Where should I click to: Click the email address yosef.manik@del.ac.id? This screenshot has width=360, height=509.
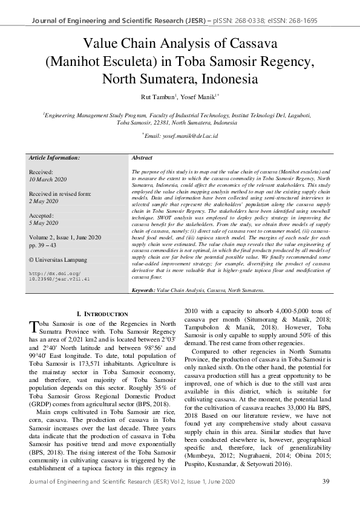point(183,137)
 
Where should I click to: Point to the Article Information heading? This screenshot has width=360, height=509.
point(54,157)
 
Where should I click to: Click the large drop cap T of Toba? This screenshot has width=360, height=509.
point(34,327)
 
